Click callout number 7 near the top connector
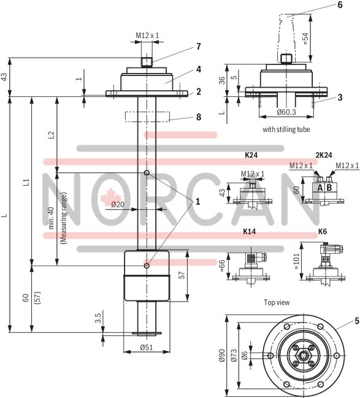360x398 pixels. pyautogui.click(x=198, y=47)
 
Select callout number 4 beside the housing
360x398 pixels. pyautogui.click(x=198, y=69)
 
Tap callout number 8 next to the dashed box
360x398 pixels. pyautogui.click(x=198, y=116)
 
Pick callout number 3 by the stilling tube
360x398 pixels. pyautogui.click(x=339, y=97)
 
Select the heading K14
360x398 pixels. pyautogui.click(x=250, y=232)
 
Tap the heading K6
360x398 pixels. pyautogui.click(x=323, y=232)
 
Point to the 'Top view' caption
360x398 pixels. pyautogui.click(x=277, y=302)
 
